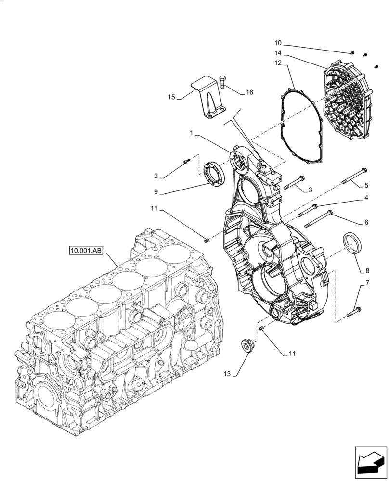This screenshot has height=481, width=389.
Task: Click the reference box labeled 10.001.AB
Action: pos(85,251)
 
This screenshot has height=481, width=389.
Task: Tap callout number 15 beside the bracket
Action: pos(171,97)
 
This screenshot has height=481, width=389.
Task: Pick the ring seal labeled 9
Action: pos(212,172)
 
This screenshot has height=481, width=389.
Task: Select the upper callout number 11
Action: pos(154,209)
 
